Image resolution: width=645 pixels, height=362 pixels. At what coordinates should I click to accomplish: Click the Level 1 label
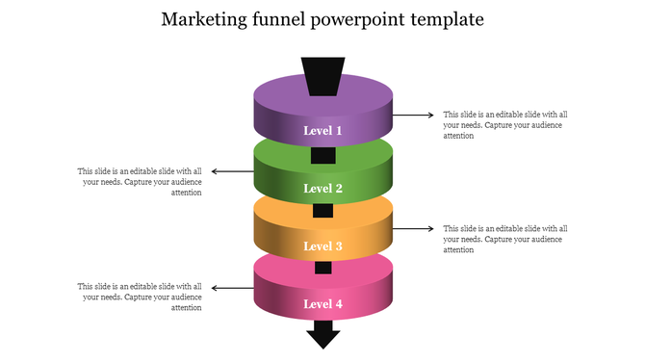tap(322, 130)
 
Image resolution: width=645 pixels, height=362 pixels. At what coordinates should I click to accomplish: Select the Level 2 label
tap(322, 189)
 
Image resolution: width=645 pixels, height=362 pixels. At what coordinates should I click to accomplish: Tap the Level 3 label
tap(322, 246)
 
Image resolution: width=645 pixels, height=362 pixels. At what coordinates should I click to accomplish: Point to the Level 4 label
tap(322, 304)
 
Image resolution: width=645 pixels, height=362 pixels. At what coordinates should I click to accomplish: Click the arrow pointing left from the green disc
tap(232, 172)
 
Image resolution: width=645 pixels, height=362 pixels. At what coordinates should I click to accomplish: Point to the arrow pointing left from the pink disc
tap(232, 288)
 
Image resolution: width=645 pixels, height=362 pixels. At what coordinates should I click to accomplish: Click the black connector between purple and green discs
tap(322, 155)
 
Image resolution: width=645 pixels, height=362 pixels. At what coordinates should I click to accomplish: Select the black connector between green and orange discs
tap(322, 211)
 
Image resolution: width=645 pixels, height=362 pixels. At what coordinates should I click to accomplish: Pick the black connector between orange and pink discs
tap(322, 269)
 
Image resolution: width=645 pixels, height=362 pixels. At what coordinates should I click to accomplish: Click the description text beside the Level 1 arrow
tap(504, 124)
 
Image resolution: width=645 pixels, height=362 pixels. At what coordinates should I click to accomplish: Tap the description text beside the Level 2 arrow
tap(141, 182)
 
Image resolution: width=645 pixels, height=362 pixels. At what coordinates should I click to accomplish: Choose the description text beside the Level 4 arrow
tap(141, 297)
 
